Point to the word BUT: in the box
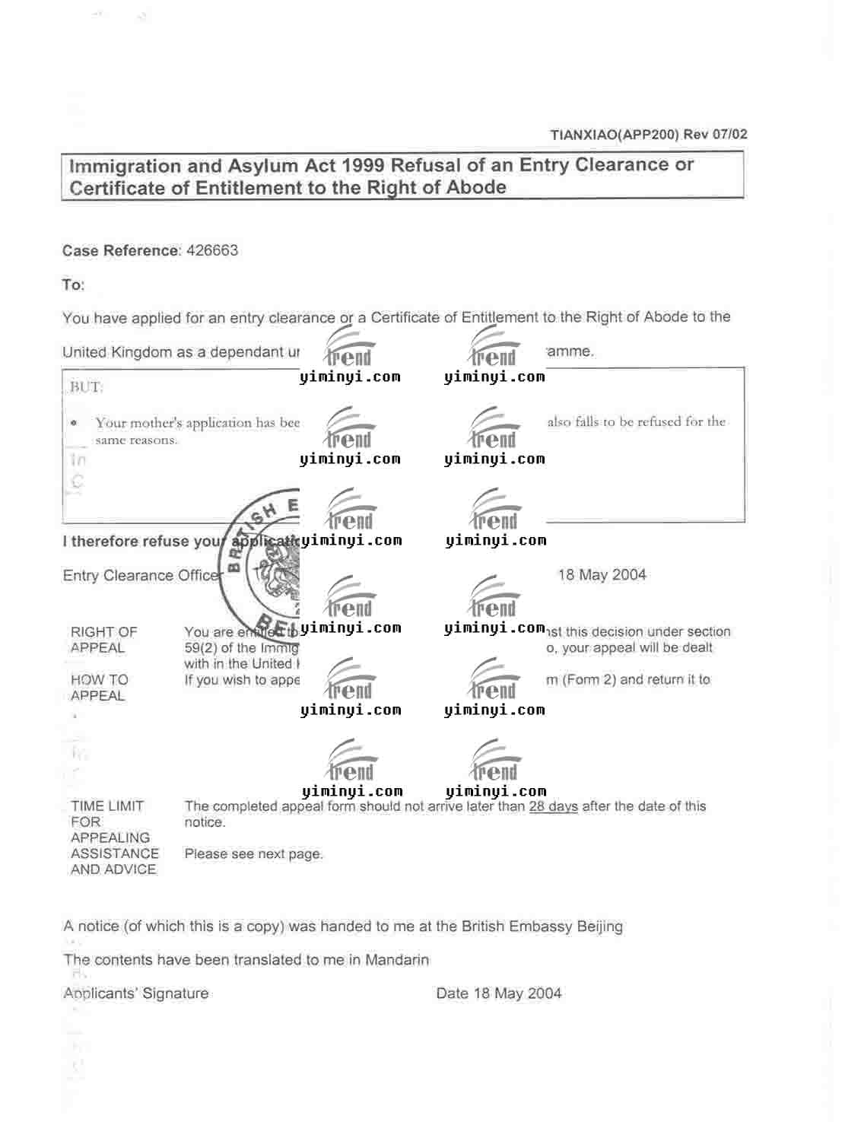tap(86, 387)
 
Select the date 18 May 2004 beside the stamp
tap(602, 575)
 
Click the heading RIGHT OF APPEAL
tap(103, 640)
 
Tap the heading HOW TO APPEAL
tap(99, 688)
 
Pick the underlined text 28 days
tap(553, 806)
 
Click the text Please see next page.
tap(253, 854)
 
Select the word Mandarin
tap(397, 960)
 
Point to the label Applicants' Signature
tap(136, 993)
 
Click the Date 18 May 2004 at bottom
tap(499, 993)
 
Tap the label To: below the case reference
tap(73, 285)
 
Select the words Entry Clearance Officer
tap(141, 576)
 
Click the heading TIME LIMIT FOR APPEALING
tap(110, 822)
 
